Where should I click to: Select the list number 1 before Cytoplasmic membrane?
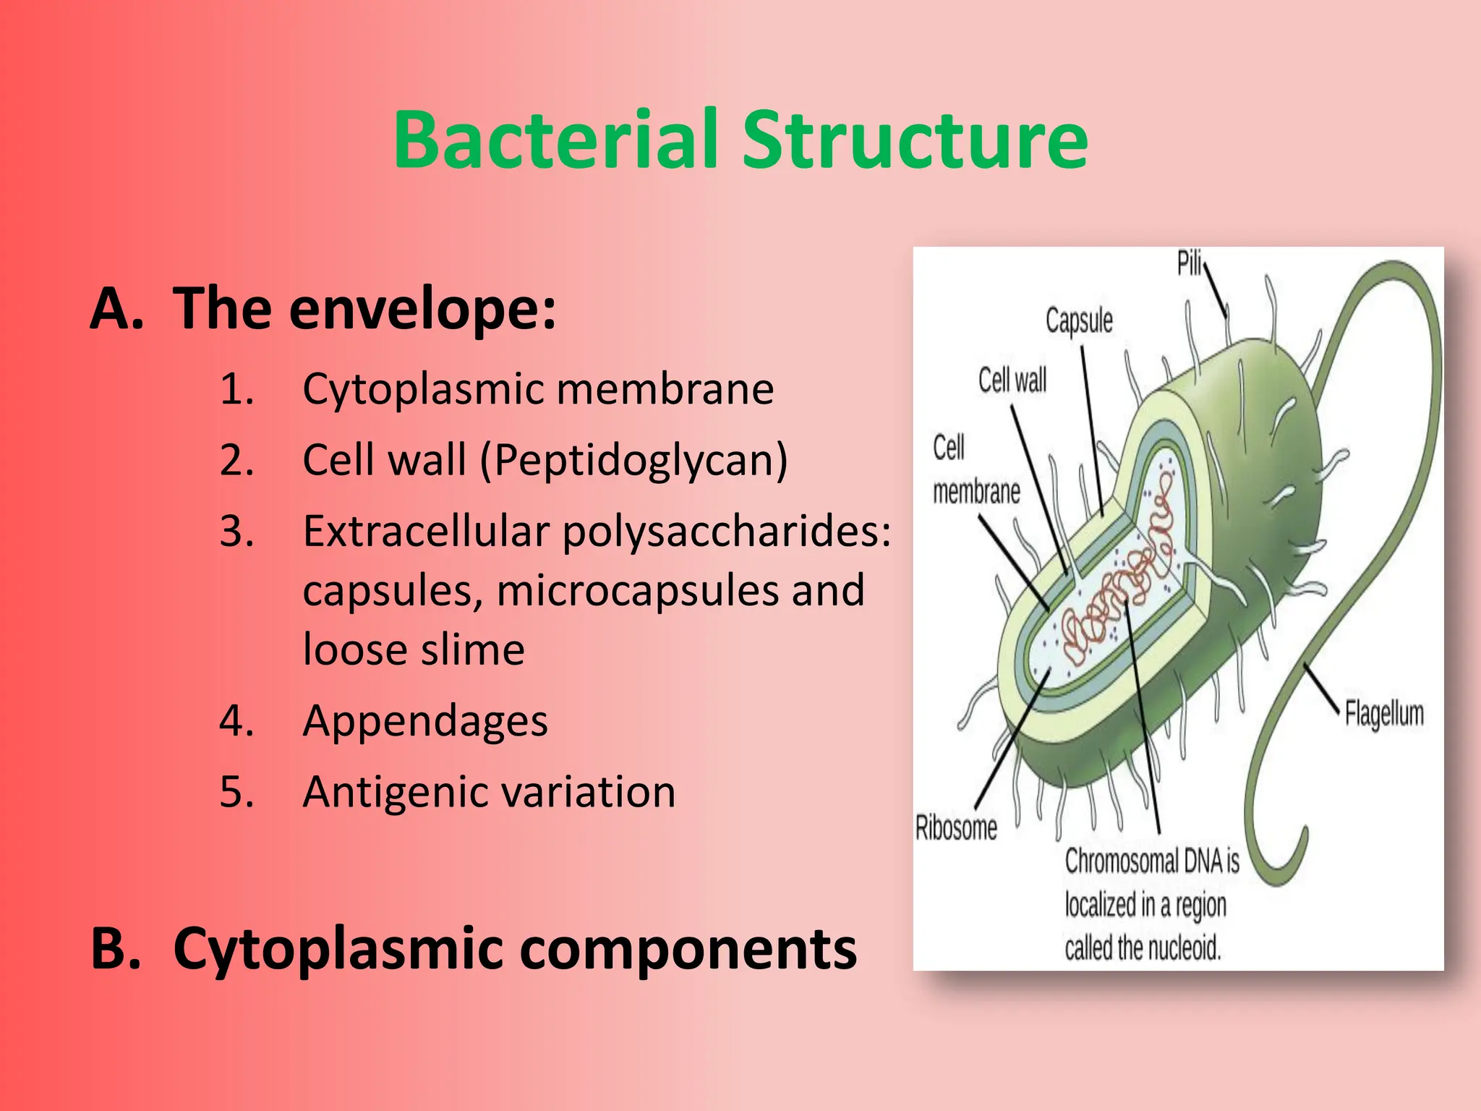coord(236,389)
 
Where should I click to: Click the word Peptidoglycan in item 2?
coord(633,461)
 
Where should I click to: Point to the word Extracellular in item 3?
coord(426,532)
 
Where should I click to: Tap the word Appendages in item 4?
coord(425,721)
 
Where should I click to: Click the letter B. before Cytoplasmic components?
coord(115,948)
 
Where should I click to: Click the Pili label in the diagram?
coord(1190,264)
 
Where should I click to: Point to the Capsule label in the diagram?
coord(1079,320)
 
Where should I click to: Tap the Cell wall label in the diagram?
coord(1012,380)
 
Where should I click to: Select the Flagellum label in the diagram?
coord(1384,714)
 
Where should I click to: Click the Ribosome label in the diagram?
coord(956,827)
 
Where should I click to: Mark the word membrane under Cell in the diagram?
coord(976,492)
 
